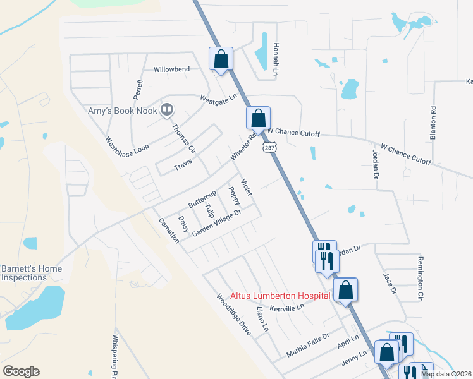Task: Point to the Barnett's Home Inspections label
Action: coord(31,273)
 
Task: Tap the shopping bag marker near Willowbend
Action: coord(221,59)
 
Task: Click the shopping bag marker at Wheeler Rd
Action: coord(258,117)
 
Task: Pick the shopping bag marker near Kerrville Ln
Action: coord(345,290)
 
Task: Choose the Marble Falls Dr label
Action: coord(309,344)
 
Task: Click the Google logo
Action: coord(21,371)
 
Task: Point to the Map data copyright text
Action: coord(446,374)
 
